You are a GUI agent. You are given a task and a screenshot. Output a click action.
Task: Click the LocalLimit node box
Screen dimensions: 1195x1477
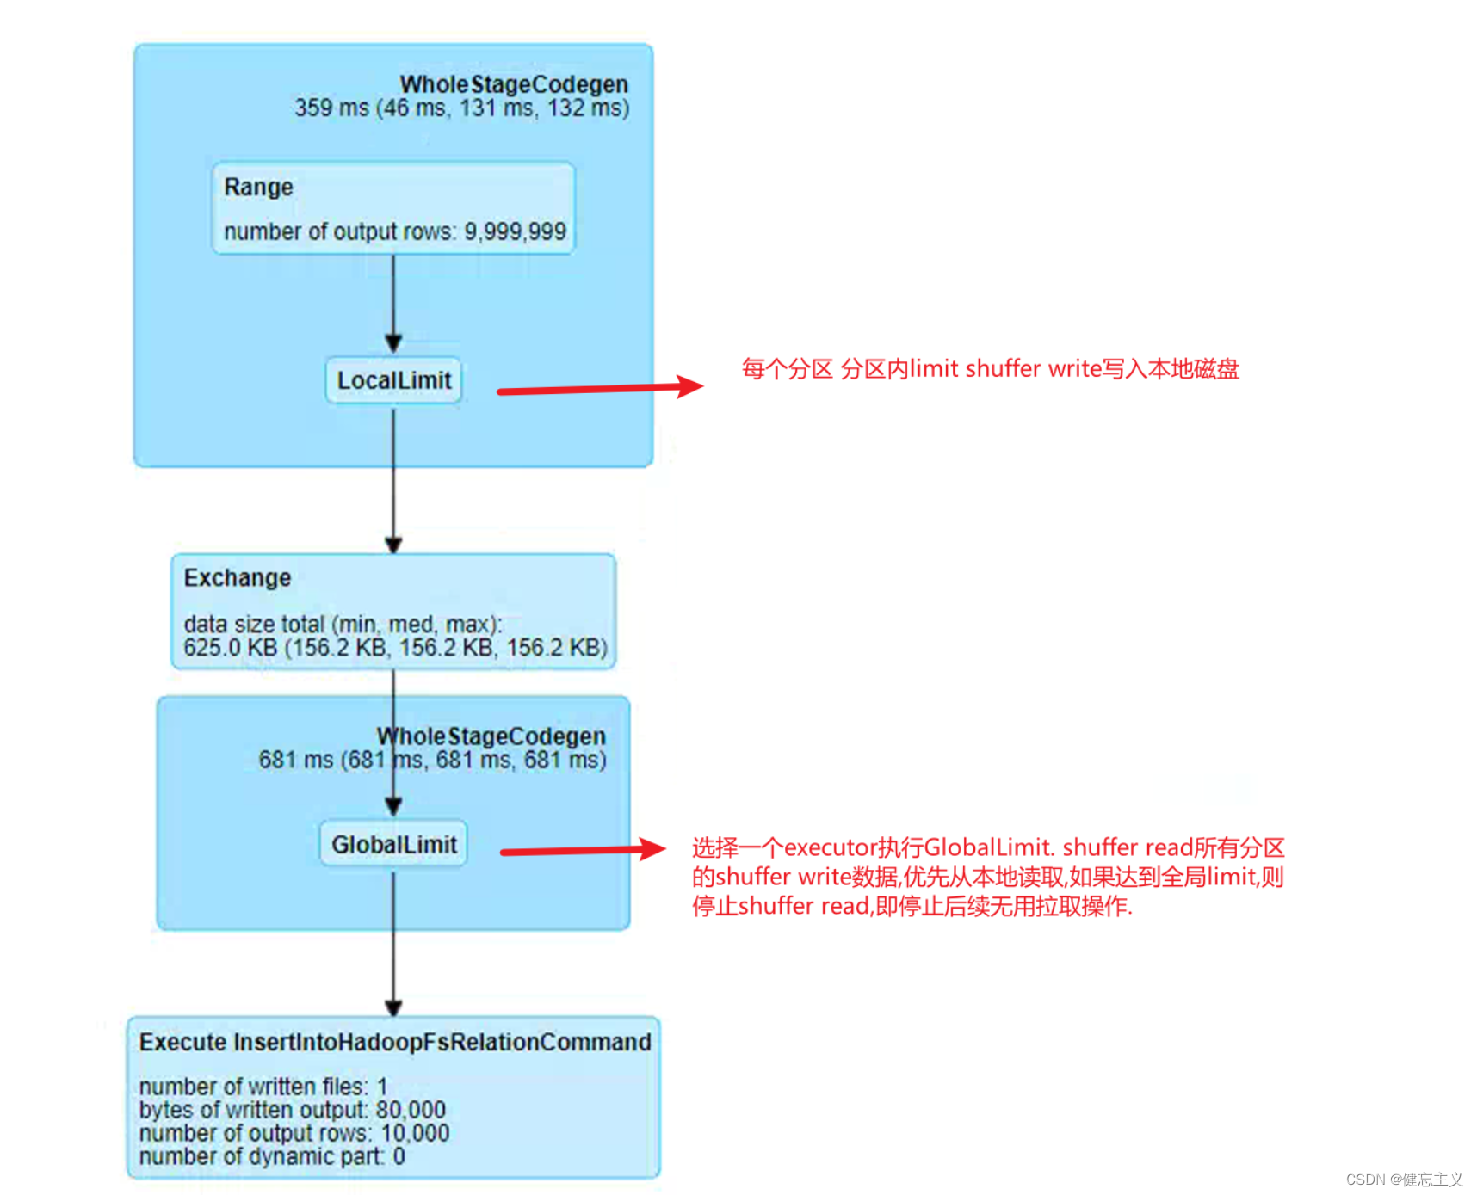pyautogui.click(x=393, y=380)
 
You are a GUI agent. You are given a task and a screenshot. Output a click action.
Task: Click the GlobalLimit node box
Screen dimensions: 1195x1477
pyautogui.click(x=393, y=844)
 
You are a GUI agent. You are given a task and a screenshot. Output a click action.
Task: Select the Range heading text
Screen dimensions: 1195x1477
pyautogui.click(x=258, y=187)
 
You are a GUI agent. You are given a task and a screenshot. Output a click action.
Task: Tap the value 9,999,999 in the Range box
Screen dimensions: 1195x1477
pyautogui.click(x=515, y=231)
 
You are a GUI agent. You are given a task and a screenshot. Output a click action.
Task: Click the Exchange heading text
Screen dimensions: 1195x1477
pyautogui.click(x=238, y=577)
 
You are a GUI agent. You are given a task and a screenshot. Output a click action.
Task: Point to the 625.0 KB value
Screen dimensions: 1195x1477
pyautogui.click(x=230, y=647)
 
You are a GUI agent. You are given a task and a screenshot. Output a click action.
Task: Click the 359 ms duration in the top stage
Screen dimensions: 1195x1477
pyautogui.click(x=331, y=108)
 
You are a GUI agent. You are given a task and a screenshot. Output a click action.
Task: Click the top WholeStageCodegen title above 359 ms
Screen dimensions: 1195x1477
pyautogui.click(x=514, y=84)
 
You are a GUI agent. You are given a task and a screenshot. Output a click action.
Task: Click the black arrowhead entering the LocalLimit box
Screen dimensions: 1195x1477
pyautogui.click(x=393, y=343)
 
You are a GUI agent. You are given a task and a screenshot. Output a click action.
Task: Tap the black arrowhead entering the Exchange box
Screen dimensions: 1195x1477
pyautogui.click(x=393, y=544)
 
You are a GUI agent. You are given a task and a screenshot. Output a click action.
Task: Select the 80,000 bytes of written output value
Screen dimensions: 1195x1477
pyautogui.click(x=410, y=1110)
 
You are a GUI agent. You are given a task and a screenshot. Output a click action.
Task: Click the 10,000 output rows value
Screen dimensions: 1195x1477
pyautogui.click(x=415, y=1133)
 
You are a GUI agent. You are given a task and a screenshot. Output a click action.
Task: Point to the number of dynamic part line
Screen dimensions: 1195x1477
pyautogui.click(x=271, y=1156)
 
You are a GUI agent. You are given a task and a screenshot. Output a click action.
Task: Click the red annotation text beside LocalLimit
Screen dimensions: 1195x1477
pyautogui.click(x=990, y=369)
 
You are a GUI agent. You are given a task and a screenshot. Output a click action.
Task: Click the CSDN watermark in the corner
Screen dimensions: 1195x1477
pyautogui.click(x=1404, y=1179)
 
